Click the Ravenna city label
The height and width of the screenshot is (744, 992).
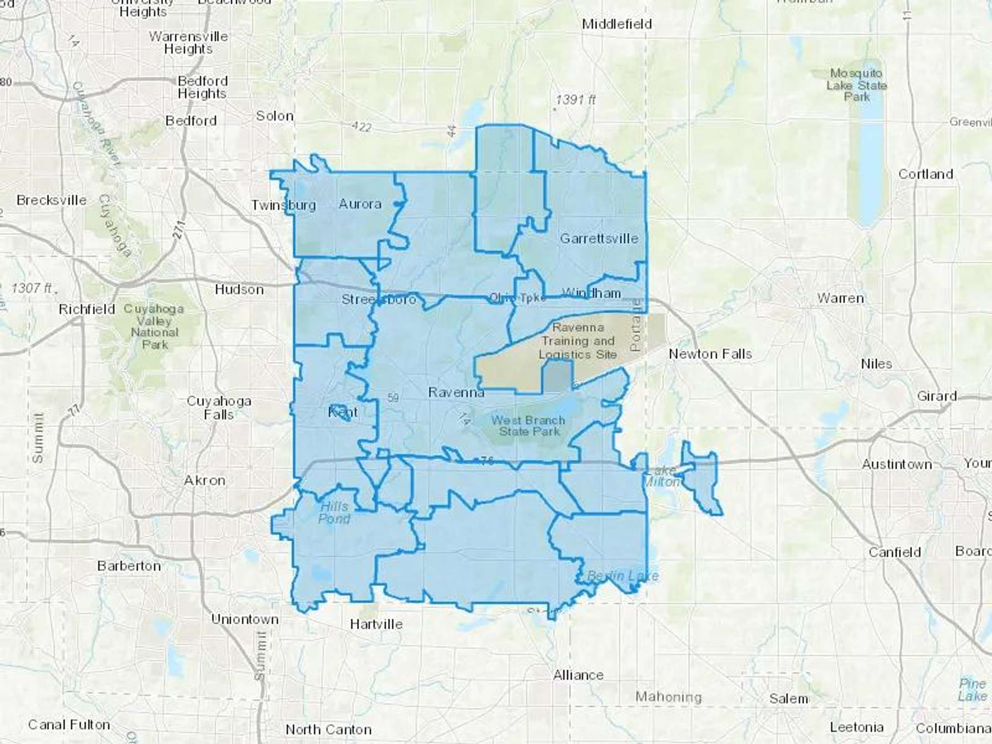click(x=456, y=392)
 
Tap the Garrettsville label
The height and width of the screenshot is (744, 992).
click(x=599, y=239)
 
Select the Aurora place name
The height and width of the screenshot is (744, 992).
click(x=360, y=204)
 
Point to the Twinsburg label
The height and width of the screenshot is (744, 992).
click(x=284, y=205)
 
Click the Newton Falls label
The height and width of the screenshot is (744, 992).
click(x=710, y=354)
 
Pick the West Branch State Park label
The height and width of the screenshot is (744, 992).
click(x=529, y=425)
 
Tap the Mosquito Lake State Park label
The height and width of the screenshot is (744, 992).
click(x=856, y=85)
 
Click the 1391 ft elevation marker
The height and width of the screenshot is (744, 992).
click(x=575, y=100)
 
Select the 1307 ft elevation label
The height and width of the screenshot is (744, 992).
click(x=32, y=288)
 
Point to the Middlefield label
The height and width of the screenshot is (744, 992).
click(x=617, y=24)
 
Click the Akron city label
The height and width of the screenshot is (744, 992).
click(x=204, y=481)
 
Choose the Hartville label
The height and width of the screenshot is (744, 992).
click(x=376, y=624)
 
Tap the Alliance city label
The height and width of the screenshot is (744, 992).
click(x=578, y=675)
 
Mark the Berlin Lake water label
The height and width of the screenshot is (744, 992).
click(x=622, y=576)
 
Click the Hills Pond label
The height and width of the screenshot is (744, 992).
click(x=334, y=513)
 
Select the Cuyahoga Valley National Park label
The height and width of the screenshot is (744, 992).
click(x=154, y=327)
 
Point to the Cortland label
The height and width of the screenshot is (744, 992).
click(x=925, y=174)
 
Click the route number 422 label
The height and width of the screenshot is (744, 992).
click(x=361, y=127)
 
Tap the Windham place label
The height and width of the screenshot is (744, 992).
click(x=591, y=293)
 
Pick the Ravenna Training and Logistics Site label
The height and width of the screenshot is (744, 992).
click(x=578, y=341)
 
